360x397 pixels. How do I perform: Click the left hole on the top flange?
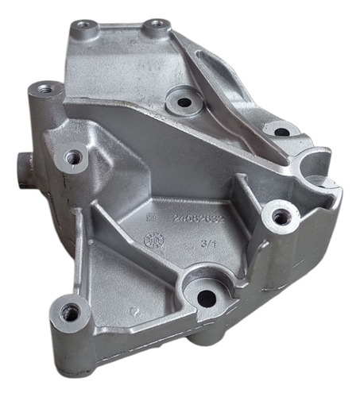point(83,29)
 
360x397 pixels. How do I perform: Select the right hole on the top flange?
point(156,26)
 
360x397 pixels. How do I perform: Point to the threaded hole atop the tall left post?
point(45,88)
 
